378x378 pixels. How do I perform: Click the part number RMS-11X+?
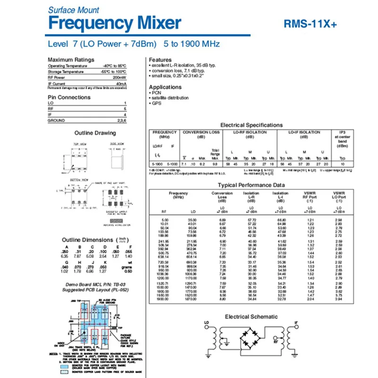pyautogui.click(x=310, y=24)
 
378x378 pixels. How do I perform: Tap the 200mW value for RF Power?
pyautogui.click(x=120, y=77)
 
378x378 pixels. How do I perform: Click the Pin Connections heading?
pyautogui.click(x=69, y=97)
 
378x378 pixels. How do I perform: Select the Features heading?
pyautogui.click(x=160, y=60)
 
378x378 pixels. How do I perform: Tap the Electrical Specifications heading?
pyautogui.click(x=251, y=125)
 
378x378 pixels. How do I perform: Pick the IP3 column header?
pyautogui.click(x=343, y=133)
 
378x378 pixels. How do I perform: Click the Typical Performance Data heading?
pyautogui.click(x=251, y=185)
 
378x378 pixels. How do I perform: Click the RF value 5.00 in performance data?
pyautogui.click(x=164, y=221)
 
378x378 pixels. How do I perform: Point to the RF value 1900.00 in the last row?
pyautogui.click(x=163, y=299)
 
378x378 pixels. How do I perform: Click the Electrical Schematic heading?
pyautogui.click(x=251, y=317)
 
